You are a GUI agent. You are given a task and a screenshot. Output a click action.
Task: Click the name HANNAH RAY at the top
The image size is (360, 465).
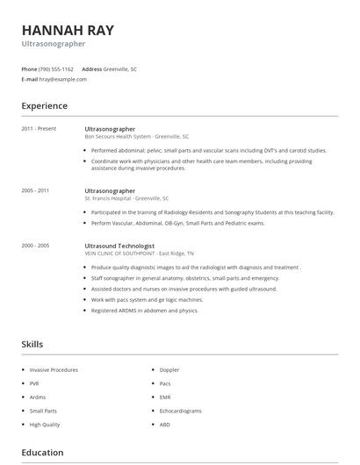68,30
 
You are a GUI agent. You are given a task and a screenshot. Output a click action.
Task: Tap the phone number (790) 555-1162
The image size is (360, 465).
56,68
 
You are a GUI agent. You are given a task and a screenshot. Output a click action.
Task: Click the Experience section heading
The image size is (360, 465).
44,106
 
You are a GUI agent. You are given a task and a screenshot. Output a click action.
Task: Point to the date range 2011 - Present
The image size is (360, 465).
39,129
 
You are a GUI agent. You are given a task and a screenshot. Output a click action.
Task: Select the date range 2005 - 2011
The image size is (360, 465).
35,190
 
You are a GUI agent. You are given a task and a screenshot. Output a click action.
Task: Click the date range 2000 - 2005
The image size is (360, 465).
35,246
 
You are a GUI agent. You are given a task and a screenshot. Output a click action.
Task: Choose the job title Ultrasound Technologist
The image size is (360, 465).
119,246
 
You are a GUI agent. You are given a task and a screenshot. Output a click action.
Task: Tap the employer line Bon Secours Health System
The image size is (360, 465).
136,137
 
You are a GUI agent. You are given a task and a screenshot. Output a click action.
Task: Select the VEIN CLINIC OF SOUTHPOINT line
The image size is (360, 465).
127,254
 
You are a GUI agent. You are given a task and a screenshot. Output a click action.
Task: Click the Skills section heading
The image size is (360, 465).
32,345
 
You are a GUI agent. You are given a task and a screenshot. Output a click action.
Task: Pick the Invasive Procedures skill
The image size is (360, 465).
54,370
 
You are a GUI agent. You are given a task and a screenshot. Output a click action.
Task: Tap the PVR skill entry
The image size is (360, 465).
35,383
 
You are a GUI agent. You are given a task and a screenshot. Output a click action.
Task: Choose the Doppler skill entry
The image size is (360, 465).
169,370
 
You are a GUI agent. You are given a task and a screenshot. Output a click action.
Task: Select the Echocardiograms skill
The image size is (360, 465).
179,411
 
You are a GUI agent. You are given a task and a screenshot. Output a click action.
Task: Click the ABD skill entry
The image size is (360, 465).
164,424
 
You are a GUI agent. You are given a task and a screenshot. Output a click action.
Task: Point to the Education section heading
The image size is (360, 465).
42,453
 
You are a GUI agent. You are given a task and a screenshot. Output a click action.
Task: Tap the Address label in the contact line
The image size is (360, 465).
91,68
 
